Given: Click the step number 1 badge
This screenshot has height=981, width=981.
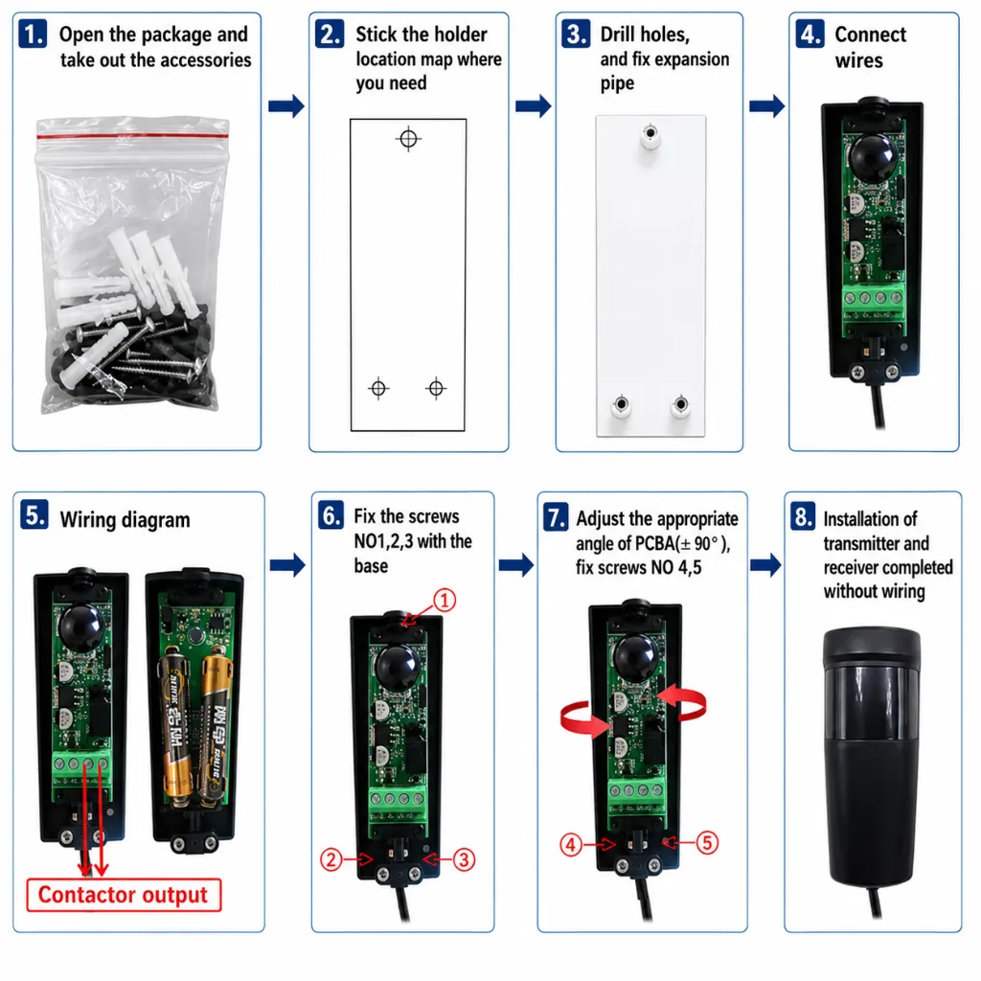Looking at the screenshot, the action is (33, 34).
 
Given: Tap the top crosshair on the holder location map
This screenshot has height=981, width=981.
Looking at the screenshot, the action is (408, 139).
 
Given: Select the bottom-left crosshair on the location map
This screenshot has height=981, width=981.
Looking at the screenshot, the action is (378, 389).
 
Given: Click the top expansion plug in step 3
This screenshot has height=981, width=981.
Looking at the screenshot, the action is (650, 136).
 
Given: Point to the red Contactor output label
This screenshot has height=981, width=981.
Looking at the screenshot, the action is (124, 895).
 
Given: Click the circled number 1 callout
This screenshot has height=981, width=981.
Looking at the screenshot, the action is (445, 601).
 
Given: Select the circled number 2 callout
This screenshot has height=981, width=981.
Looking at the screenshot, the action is (331, 859).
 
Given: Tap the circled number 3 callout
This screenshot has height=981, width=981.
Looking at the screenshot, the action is (464, 859).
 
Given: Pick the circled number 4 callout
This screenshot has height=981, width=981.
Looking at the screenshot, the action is (571, 845).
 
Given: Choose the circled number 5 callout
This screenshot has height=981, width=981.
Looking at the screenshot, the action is (707, 843).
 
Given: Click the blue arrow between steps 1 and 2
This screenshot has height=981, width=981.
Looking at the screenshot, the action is (285, 105).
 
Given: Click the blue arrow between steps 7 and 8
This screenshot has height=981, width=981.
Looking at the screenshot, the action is (765, 565).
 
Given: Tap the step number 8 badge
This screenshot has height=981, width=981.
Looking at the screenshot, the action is (802, 516).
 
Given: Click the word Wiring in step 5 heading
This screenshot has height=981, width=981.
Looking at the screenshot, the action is (87, 520).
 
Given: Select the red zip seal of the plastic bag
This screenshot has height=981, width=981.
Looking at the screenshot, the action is (132, 136).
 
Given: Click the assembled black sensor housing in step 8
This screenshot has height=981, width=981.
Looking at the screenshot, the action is (872, 757).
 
